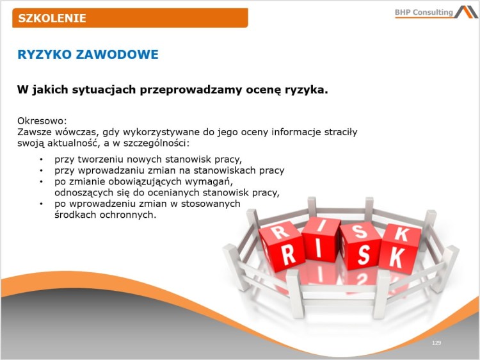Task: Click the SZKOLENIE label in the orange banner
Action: [52, 18]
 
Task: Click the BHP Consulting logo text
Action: [424, 12]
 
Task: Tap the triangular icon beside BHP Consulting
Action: [466, 12]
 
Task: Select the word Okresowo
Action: [42, 120]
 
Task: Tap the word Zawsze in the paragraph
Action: [34, 131]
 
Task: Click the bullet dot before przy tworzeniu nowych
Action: [41, 160]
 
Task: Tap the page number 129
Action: [436, 343]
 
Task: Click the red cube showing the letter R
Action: [282, 247]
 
